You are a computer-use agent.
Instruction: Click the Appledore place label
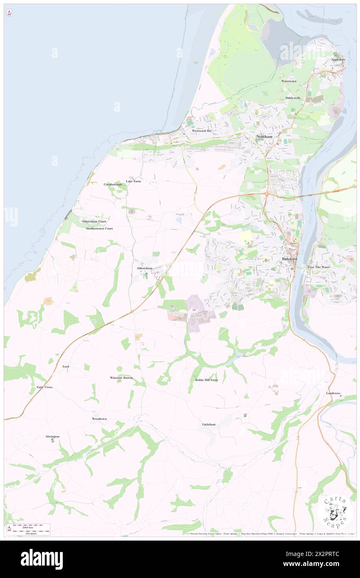[x=338, y=59]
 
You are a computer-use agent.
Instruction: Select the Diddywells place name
[x=293, y=98]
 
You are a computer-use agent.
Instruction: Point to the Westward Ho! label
[x=202, y=131]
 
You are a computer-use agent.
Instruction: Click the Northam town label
[x=264, y=136]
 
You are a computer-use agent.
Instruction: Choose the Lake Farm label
[x=133, y=181]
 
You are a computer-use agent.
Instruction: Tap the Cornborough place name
[x=113, y=184]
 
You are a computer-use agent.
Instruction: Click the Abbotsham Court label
[x=94, y=222]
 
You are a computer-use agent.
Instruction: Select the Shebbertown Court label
[x=99, y=228]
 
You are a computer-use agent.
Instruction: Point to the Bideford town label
[x=289, y=259]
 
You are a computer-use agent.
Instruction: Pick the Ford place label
[x=66, y=366]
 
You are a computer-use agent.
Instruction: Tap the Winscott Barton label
[x=121, y=378]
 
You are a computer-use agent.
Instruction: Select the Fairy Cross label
[x=44, y=387]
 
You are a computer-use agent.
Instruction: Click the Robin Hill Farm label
[x=206, y=380]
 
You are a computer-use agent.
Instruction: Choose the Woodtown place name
[x=99, y=419]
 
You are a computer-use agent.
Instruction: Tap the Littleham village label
[x=209, y=424]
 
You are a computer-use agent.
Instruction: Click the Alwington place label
[x=52, y=436]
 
